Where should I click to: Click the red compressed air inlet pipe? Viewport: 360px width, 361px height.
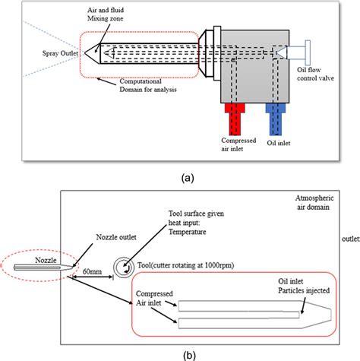(232, 118)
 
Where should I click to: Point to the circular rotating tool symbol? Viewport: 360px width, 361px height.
(122, 265)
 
